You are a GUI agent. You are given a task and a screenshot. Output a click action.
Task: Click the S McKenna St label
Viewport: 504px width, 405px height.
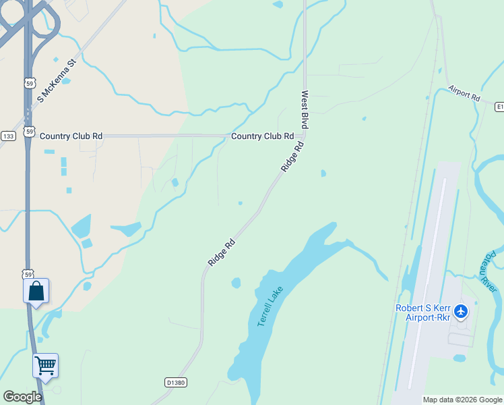[x=58, y=80]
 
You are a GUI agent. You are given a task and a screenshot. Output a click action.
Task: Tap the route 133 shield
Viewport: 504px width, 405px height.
[x=8, y=136]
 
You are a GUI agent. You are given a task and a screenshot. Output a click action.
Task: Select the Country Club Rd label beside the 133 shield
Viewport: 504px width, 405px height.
[x=71, y=136]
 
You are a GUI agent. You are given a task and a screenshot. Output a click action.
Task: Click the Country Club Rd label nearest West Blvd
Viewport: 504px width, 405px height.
[x=262, y=136]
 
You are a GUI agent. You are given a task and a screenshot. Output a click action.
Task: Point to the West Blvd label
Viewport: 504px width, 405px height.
[x=305, y=109]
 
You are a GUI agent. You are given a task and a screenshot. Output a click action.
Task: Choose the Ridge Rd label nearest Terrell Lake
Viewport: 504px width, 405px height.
[x=221, y=252]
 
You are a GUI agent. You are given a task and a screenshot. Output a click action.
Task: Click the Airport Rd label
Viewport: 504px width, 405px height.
[x=464, y=94]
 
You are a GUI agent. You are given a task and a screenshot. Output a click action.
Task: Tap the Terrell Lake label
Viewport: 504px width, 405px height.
[x=271, y=307]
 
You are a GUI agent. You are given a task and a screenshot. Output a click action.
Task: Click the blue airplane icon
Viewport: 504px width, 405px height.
[x=461, y=311]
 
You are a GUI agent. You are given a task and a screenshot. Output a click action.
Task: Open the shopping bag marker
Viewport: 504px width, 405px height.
[x=36, y=292]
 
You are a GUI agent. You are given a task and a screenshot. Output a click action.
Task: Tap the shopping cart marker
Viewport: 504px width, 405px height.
[x=45, y=366]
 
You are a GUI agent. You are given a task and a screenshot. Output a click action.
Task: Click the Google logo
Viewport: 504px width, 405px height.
[x=22, y=396]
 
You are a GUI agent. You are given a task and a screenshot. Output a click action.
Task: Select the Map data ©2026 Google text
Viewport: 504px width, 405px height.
[x=462, y=400]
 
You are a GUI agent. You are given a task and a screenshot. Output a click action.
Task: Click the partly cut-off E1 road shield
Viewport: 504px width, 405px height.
[x=499, y=107]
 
